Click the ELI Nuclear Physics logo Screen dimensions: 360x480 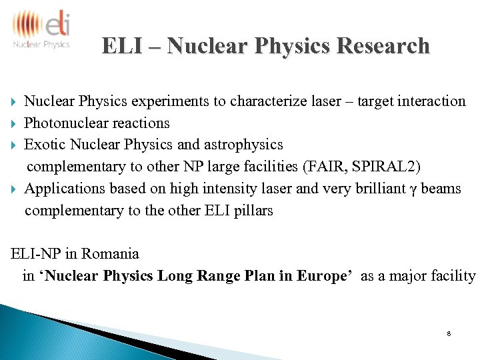[41, 29]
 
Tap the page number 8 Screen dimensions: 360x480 [449, 333]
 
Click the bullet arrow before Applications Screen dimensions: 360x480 [14, 189]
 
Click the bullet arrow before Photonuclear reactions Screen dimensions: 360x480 [14, 123]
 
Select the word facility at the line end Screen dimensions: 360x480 [453, 275]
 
